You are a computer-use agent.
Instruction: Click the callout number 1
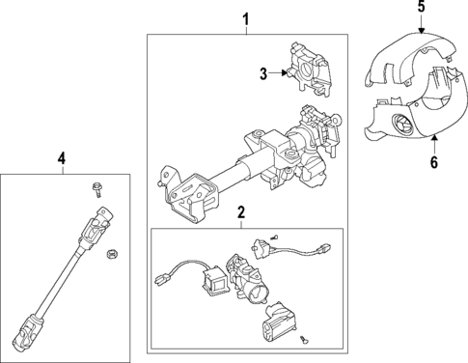pos(246,19)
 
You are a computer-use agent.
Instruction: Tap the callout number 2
pos(241,212)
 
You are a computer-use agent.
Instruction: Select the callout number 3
pos(263,74)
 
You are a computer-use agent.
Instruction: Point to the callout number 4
pos(62,158)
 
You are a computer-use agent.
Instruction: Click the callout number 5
pos(422,7)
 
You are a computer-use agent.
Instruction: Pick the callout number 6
pos(434,162)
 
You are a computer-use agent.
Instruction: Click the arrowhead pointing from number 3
pos(284,73)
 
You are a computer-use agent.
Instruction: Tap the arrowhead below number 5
pos(422,31)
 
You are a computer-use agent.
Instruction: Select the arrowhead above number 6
pos(434,139)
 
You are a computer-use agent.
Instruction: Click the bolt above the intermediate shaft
pos(97,189)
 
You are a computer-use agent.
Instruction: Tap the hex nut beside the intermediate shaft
pos(111,254)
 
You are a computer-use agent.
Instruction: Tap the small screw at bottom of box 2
pos(303,339)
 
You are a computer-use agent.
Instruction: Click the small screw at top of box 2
pos(274,237)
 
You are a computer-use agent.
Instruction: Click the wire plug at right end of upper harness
pos(325,247)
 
